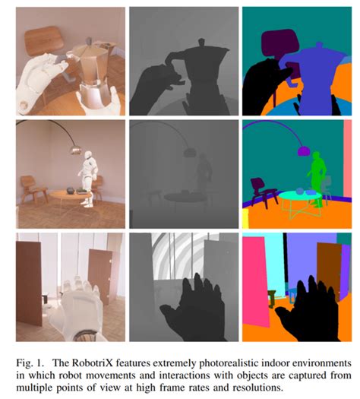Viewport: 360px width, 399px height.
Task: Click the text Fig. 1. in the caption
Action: tap(28, 363)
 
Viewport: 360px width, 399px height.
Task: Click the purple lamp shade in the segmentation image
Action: tap(304, 150)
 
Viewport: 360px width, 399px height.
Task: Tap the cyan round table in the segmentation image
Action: tap(300, 196)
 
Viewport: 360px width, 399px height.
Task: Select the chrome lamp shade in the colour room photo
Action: tap(75, 150)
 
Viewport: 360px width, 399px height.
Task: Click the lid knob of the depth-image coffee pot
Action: tap(201, 42)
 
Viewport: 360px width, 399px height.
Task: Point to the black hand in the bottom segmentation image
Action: tap(306, 310)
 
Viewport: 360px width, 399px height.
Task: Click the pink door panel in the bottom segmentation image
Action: tap(255, 281)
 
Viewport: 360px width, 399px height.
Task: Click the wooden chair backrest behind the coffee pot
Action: tap(44, 41)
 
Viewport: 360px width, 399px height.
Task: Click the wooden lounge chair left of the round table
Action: tap(33, 189)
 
